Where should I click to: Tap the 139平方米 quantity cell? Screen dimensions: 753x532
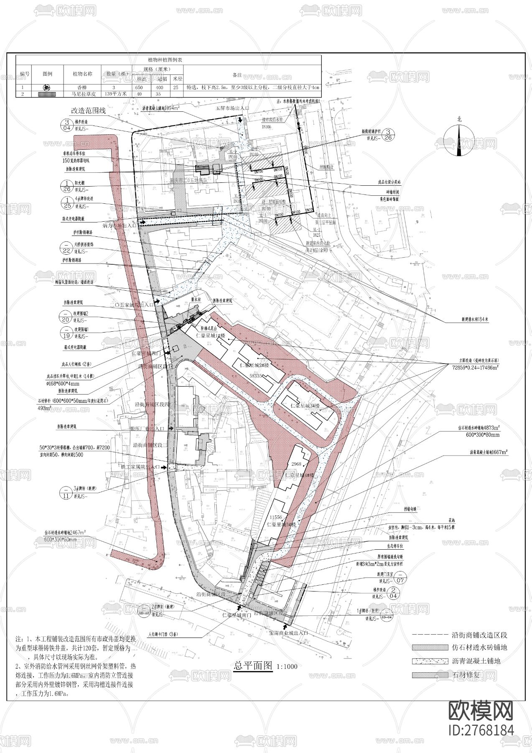click(117, 94)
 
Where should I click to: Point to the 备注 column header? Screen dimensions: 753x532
click(237, 75)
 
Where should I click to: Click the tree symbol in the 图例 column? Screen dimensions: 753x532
click(47, 88)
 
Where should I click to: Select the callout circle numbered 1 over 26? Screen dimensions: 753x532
click(66, 186)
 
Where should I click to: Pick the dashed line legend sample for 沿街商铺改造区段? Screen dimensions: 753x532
click(430, 635)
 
